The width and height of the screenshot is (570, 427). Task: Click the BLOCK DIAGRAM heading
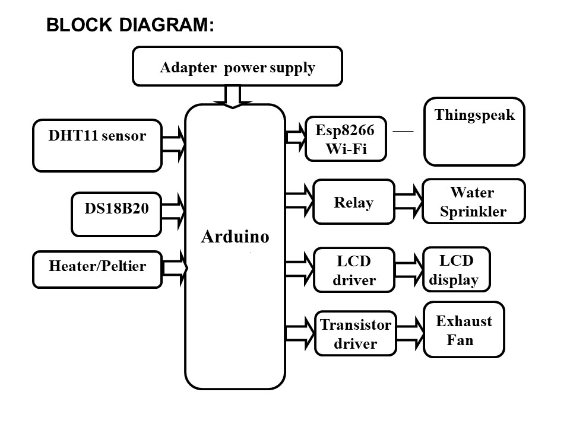(x=129, y=25)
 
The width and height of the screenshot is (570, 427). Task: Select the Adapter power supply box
(x=237, y=66)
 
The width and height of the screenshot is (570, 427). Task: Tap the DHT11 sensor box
(x=97, y=145)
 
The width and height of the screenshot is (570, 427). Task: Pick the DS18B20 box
(x=116, y=214)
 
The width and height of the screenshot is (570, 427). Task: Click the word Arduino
(x=235, y=237)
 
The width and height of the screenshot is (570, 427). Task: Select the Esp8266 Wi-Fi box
(x=346, y=139)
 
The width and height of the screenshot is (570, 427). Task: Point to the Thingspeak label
(x=474, y=115)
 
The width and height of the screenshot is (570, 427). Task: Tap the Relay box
(x=354, y=202)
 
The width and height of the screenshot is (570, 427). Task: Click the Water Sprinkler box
(x=473, y=202)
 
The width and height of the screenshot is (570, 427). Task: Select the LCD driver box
(x=354, y=270)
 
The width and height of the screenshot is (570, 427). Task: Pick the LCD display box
(x=456, y=270)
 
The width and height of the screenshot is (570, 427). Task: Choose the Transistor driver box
(x=355, y=333)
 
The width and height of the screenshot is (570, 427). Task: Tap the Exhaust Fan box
(x=464, y=330)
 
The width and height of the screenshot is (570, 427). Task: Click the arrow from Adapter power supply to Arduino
(x=233, y=96)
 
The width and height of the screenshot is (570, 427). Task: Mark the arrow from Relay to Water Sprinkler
(x=408, y=202)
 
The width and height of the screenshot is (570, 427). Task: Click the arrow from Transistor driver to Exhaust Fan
(x=410, y=333)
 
